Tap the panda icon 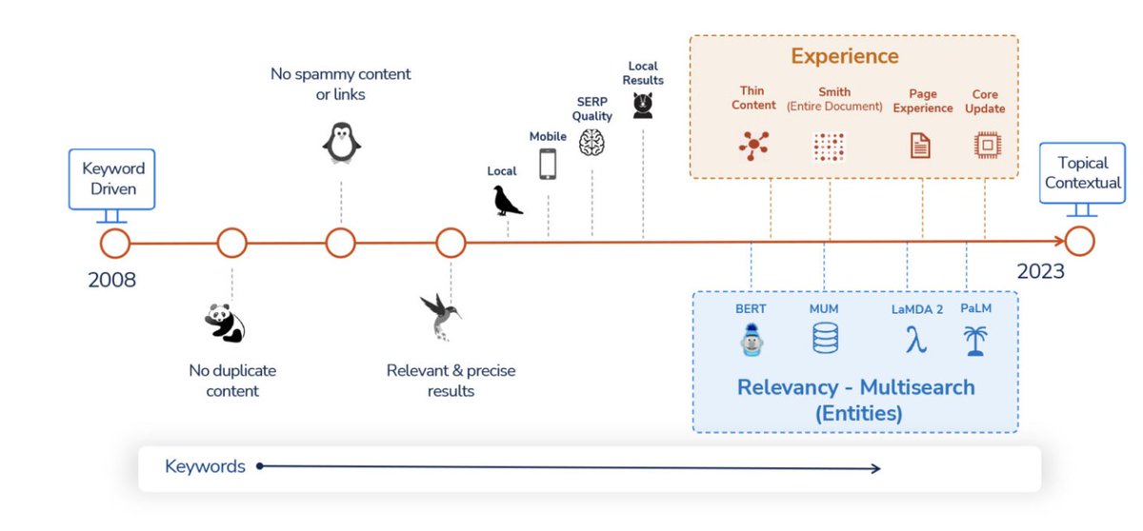click(x=226, y=323)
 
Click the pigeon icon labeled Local click(x=507, y=200)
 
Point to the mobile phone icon click(x=548, y=164)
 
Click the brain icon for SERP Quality click(x=592, y=142)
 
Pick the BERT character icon click(x=752, y=340)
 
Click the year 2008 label click(x=112, y=280)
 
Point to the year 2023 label click(x=1040, y=271)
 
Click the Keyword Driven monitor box click(x=113, y=178)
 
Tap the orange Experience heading click(x=844, y=56)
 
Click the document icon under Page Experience click(x=921, y=146)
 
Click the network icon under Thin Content click(x=753, y=145)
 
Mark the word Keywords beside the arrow click(x=205, y=466)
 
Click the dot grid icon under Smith click(x=829, y=146)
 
